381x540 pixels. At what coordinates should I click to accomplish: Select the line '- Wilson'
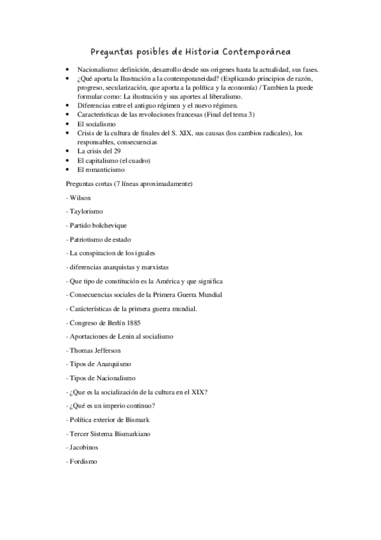point(79,198)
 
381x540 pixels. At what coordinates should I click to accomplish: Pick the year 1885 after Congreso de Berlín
point(134,323)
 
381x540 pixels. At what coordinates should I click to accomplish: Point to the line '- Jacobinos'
point(83,448)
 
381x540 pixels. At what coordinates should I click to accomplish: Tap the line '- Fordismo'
point(82,462)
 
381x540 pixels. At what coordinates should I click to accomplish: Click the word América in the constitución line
point(167,281)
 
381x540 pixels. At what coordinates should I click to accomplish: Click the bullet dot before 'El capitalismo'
point(69,161)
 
